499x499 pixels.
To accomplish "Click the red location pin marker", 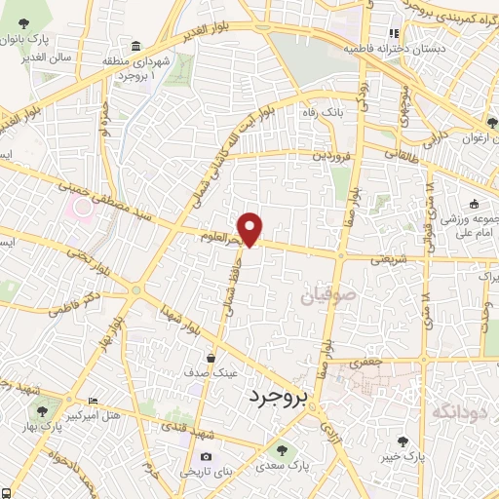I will (250, 227).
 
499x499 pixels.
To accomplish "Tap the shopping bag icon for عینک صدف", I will (211, 359).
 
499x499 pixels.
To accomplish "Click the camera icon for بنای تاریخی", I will (206, 456).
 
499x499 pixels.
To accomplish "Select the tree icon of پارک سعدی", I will (282, 450).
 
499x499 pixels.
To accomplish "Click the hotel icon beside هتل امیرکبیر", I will (94, 401).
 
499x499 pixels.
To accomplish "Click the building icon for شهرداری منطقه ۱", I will (134, 47).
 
